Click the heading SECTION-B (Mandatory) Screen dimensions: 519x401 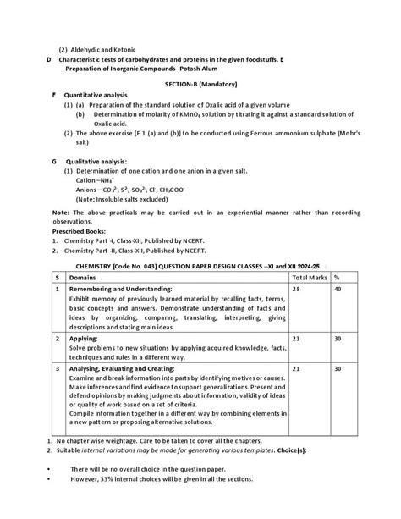(200, 86)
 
